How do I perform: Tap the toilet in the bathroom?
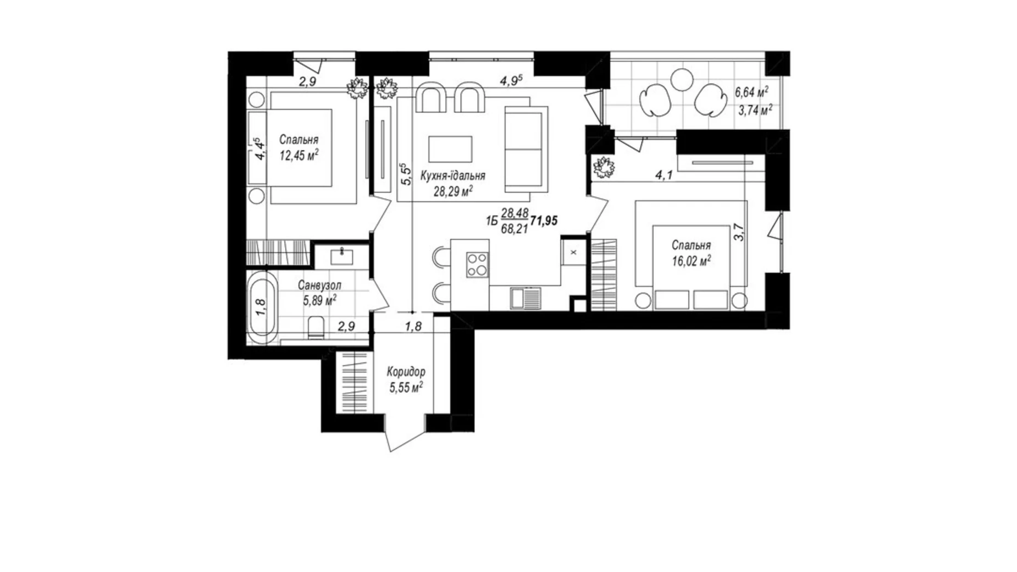tap(316, 328)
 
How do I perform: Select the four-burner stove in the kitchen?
tap(477, 264)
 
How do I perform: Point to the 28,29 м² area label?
tap(454, 191)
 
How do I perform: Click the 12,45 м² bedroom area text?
tap(299, 156)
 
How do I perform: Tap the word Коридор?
tap(406, 371)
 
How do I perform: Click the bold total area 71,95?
tap(544, 221)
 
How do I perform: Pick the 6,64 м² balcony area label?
tap(751, 92)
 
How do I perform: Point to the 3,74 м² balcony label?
tap(755, 110)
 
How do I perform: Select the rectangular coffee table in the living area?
tap(450, 149)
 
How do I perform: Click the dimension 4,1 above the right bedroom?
tap(664, 175)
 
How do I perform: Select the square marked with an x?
tap(573, 252)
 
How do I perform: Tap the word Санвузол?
tap(319, 285)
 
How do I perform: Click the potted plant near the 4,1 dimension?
tap(604, 167)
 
